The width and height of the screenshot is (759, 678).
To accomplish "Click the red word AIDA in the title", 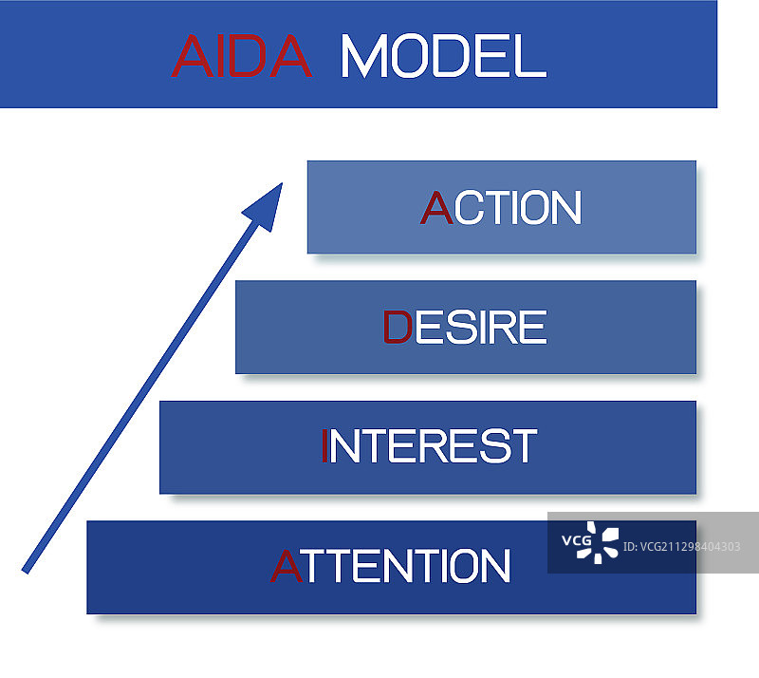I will [x=241, y=56].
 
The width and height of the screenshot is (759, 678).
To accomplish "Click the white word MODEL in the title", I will [x=442, y=56].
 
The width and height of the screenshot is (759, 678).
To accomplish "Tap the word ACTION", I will [x=500, y=208].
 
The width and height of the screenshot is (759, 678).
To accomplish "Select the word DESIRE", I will [x=465, y=328].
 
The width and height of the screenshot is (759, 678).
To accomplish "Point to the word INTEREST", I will [x=429, y=446].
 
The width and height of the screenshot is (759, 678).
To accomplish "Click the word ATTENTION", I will [x=391, y=566].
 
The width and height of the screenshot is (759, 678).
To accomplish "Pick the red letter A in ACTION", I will [x=435, y=208].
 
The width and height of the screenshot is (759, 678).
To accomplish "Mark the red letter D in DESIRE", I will [x=397, y=328].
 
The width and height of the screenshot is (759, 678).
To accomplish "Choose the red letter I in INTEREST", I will [x=324, y=446].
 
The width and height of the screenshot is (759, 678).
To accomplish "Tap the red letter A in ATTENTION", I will [x=287, y=566].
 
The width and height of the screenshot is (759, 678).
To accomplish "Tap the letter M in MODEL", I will [x=362, y=56].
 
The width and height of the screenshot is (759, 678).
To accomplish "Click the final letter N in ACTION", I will [x=564, y=208].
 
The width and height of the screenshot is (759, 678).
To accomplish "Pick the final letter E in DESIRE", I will [x=533, y=328].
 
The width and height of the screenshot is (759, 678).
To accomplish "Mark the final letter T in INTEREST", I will [x=522, y=446].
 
